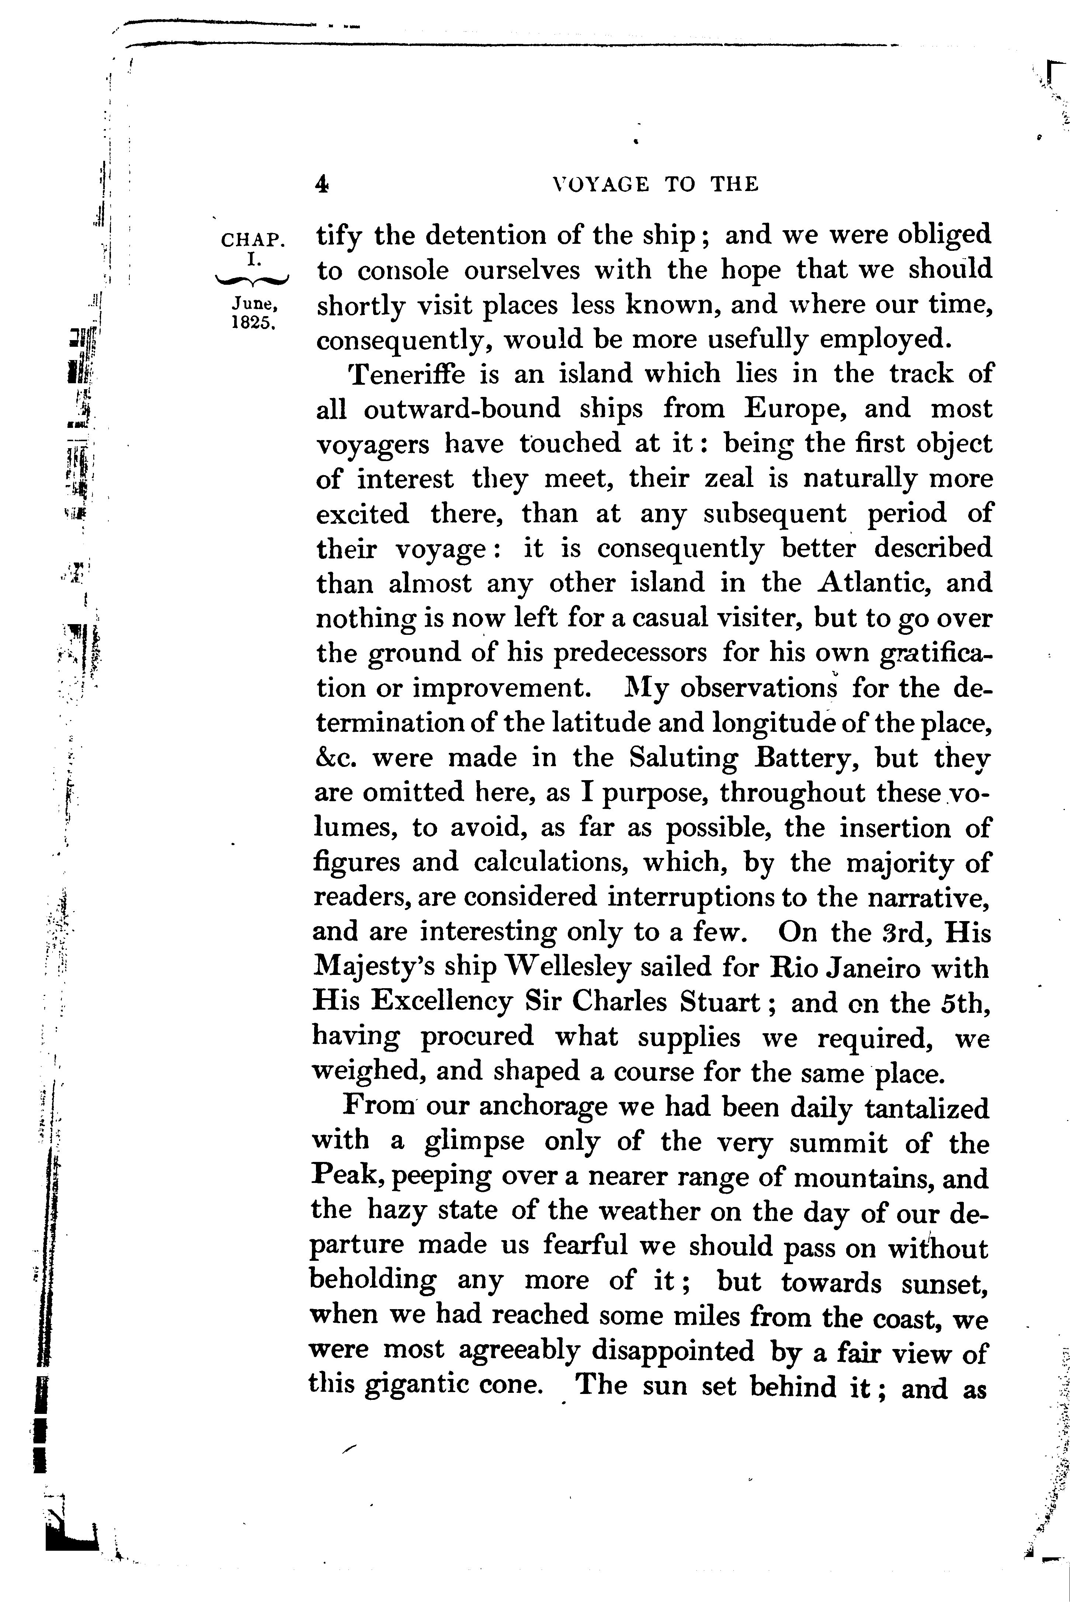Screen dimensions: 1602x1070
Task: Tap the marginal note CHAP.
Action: click(252, 240)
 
